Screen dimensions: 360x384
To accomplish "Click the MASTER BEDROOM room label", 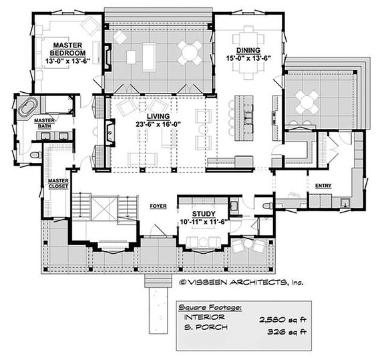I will [x=67, y=49].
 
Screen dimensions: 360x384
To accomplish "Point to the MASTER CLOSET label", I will [x=57, y=184].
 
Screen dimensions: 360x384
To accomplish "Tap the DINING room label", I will [x=248, y=49].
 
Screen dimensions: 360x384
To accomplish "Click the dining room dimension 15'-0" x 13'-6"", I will [x=248, y=57].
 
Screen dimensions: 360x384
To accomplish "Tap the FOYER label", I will [x=158, y=206].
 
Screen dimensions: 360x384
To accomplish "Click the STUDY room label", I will [x=198, y=214].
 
